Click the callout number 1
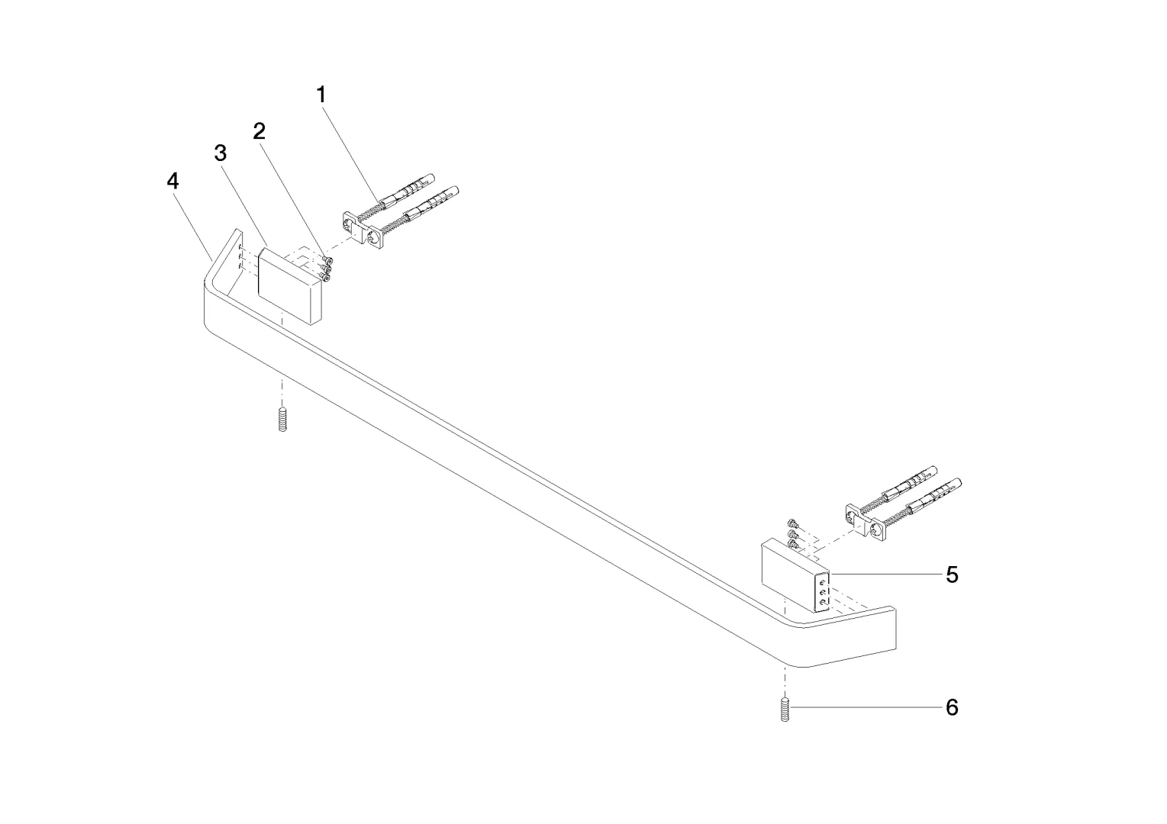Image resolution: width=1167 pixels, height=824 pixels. coord(321,95)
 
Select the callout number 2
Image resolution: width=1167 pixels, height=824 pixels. coord(260,131)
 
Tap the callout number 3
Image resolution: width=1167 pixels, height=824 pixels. coord(221,153)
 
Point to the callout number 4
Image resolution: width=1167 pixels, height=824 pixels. coord(173,182)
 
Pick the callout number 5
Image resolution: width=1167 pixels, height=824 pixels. coord(952,575)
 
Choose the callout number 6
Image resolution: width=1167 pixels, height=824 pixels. coord(952,707)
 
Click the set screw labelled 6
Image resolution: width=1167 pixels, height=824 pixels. coord(785,710)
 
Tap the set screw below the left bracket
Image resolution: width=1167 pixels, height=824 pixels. coord(282,420)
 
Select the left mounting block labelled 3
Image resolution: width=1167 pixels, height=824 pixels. coord(290,286)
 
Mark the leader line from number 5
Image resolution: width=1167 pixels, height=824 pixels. coord(887,574)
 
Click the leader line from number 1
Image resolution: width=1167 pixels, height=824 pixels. coord(350,155)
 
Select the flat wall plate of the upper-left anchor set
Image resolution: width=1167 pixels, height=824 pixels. coord(363,230)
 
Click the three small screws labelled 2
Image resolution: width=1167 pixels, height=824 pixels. coord(326,269)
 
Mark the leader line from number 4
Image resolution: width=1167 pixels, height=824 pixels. coord(193,226)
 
